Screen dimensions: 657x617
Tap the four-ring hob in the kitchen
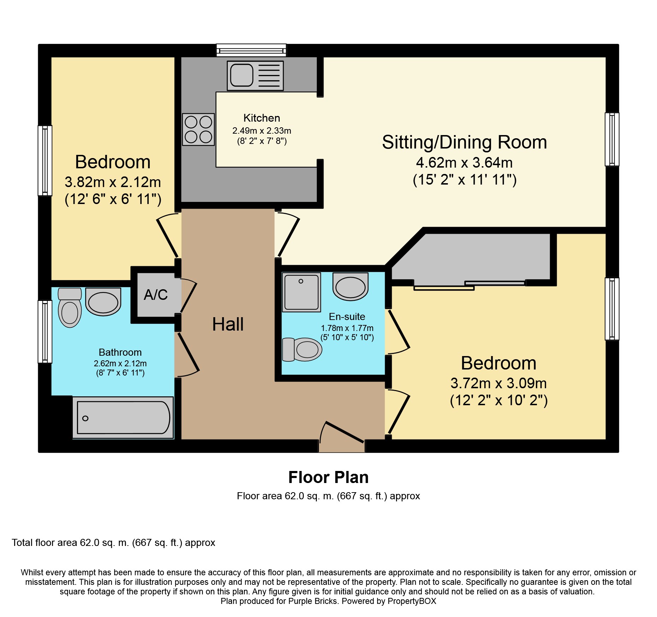198,129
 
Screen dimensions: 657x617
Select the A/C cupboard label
156,295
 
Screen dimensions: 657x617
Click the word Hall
228,324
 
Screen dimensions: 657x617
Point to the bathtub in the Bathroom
123,418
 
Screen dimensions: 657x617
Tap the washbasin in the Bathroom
103,302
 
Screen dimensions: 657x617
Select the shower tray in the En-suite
301,292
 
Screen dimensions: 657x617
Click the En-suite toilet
302,350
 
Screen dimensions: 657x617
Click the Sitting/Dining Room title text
464,142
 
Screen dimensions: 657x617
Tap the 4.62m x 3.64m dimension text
464,163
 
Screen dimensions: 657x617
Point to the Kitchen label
262,118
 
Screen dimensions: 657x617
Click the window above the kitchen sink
251,50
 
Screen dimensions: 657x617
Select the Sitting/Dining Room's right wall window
612,139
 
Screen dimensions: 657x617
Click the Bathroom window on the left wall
45,332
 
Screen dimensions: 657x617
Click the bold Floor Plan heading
328,477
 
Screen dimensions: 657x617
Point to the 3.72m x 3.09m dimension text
499,383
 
